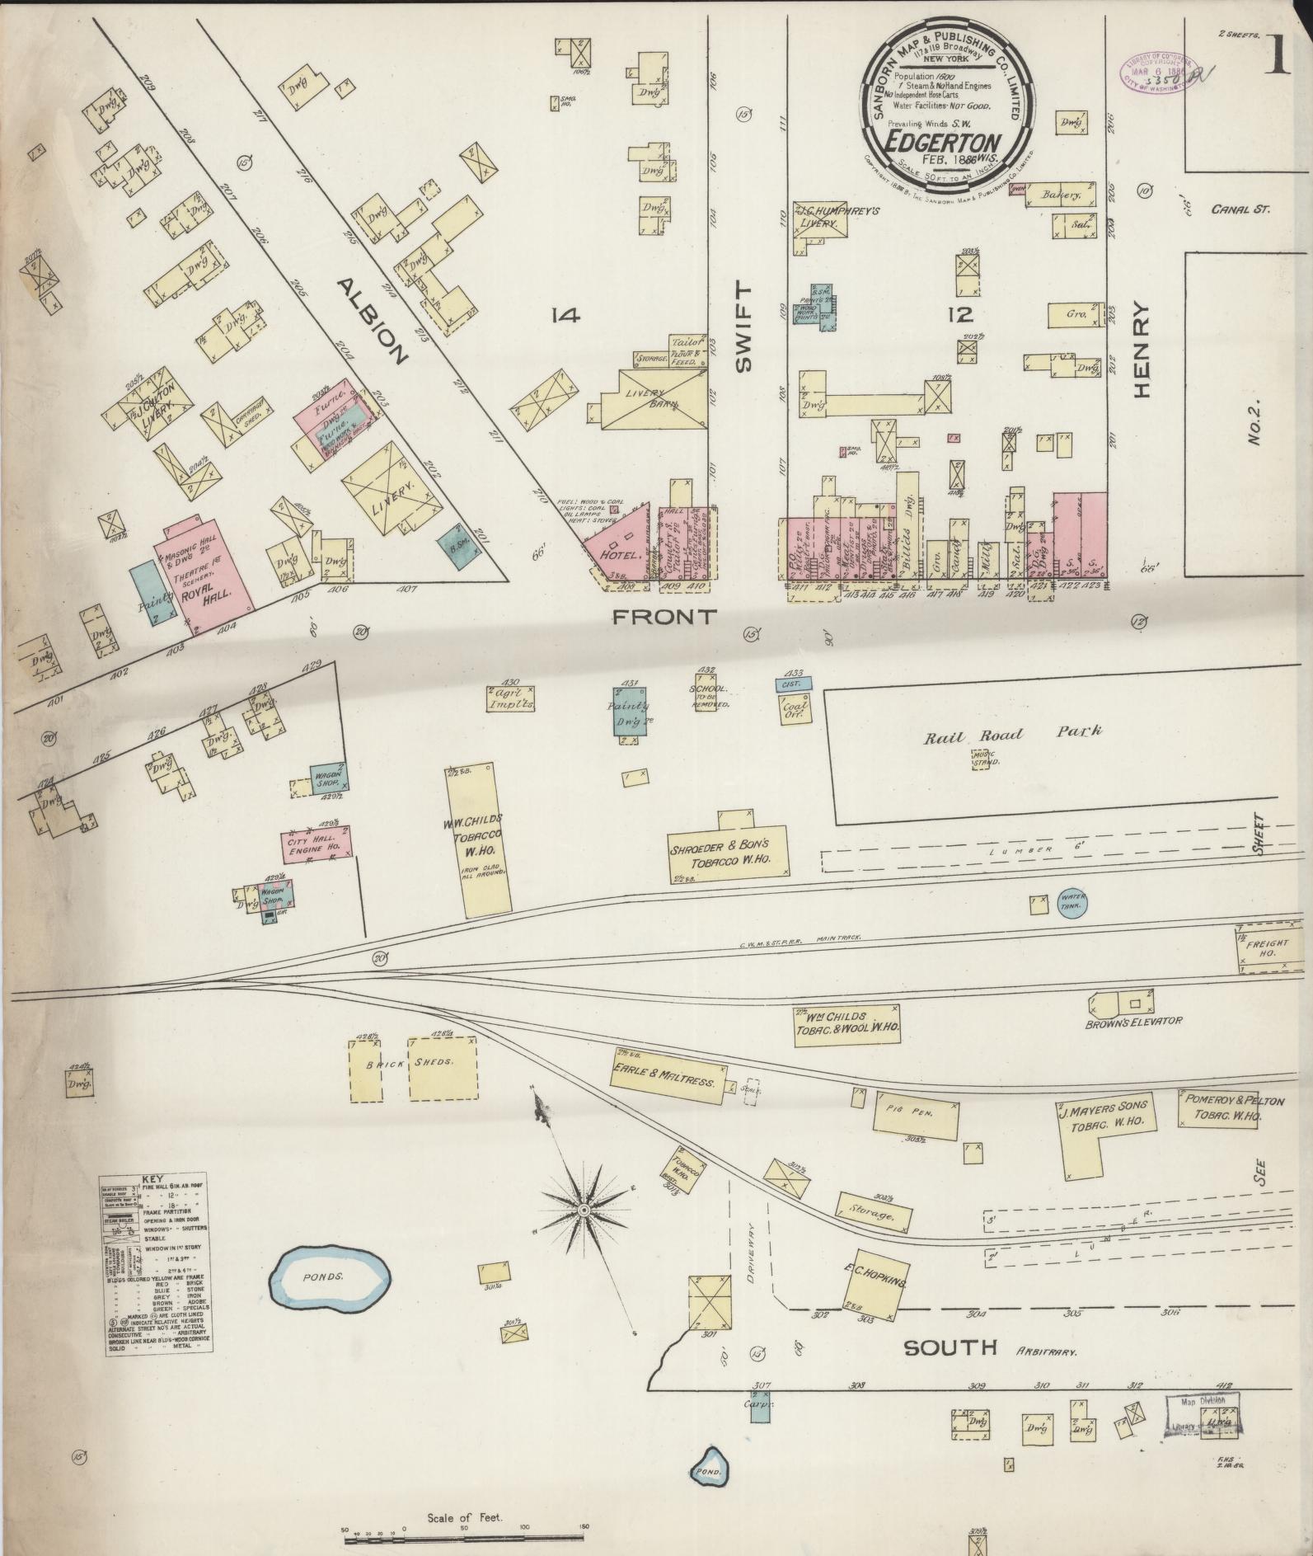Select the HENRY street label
click(1141, 349)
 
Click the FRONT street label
click(665, 617)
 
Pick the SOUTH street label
click(950, 1347)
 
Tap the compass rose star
click(584, 1210)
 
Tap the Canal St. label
click(1240, 209)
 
